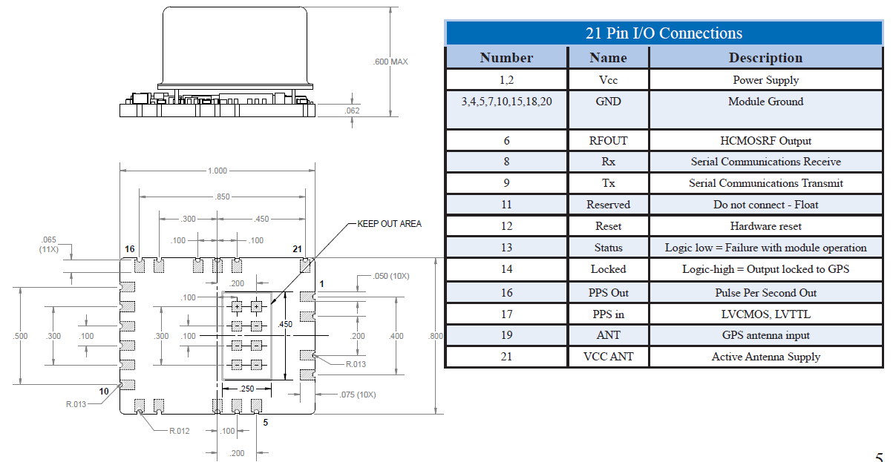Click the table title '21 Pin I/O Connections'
(664, 33)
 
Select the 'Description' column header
(765, 58)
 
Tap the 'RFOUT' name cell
(608, 140)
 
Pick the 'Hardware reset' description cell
(765, 226)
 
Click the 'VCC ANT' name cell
(608, 357)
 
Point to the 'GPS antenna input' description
(765, 335)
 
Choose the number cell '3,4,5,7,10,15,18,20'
(506, 102)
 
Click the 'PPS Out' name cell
(608, 293)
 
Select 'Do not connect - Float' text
(765, 205)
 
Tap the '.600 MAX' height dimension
(390, 62)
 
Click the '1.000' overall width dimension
(217, 171)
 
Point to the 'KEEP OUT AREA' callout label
(389, 223)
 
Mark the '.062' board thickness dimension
(353, 110)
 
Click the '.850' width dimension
(221, 197)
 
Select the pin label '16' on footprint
(130, 249)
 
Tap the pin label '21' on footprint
(298, 249)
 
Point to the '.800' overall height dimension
(436, 336)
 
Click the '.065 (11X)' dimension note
(50, 245)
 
